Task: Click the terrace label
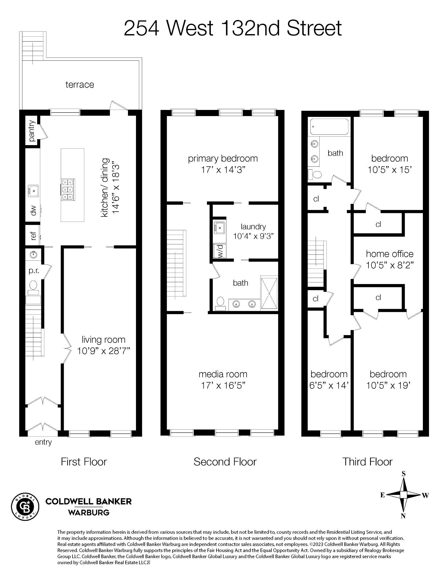pyautogui.click(x=80, y=85)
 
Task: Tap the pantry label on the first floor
pyautogui.click(x=32, y=131)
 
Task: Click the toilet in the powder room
pyautogui.click(x=33, y=285)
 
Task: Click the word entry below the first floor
pyautogui.click(x=43, y=442)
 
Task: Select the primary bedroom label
pyautogui.click(x=223, y=158)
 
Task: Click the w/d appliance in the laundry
pyautogui.click(x=220, y=251)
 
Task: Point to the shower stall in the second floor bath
pyautogui.click(x=269, y=293)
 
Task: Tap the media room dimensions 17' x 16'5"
pyautogui.click(x=223, y=385)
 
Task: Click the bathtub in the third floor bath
pyautogui.click(x=329, y=126)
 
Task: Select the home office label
pyautogui.click(x=389, y=254)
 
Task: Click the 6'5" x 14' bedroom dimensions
pyautogui.click(x=329, y=385)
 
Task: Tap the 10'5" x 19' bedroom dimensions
pyautogui.click(x=388, y=385)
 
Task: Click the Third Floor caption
pyautogui.click(x=367, y=462)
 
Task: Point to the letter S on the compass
pyautogui.click(x=403, y=474)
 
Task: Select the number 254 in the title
pyautogui.click(x=141, y=28)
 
